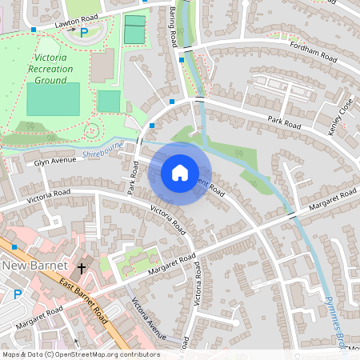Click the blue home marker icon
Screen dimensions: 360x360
point(180,173)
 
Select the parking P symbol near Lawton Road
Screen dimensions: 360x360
point(83,33)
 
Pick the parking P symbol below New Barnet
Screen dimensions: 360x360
point(18,294)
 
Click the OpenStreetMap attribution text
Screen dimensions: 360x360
point(80,354)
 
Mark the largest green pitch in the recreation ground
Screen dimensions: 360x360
point(53,98)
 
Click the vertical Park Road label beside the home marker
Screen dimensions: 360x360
point(134,175)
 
